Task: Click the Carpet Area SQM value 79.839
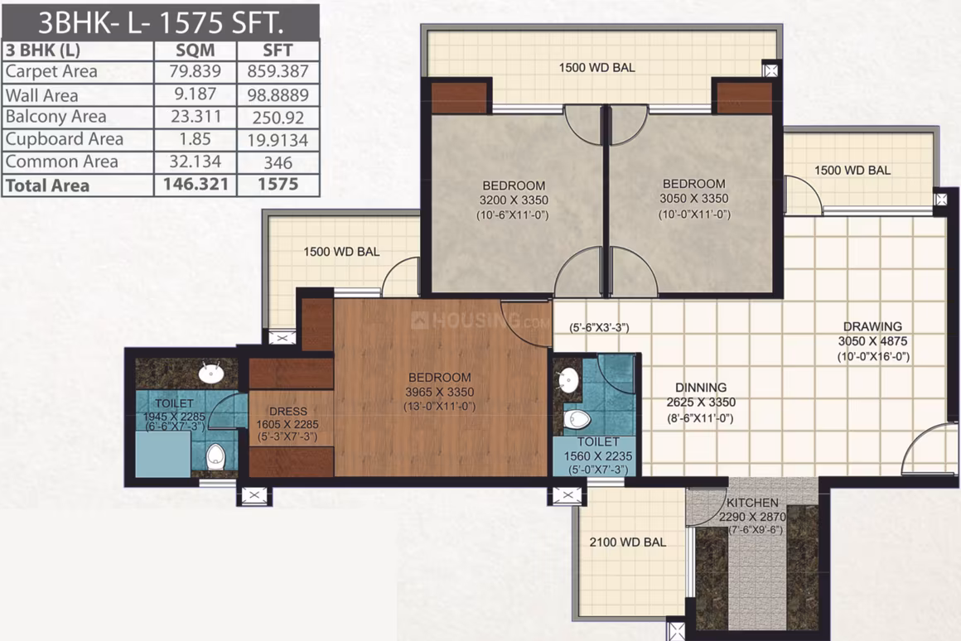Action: pos(195,71)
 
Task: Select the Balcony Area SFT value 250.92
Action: pos(278,117)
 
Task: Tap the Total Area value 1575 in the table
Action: pos(278,185)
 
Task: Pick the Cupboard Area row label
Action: pos(65,140)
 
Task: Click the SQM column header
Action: pos(195,51)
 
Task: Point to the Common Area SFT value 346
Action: pos(278,162)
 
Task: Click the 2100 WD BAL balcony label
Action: pos(628,542)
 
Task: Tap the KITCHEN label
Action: pos(752,504)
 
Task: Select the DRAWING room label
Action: pos(872,326)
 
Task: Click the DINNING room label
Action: pos(701,388)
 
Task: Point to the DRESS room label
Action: pos(288,412)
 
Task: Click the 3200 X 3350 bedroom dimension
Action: pos(514,200)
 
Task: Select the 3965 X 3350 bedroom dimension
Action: pos(439,393)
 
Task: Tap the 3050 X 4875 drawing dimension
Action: pos(872,341)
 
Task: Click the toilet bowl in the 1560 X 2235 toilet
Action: pos(577,420)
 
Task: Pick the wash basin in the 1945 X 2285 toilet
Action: pos(211,373)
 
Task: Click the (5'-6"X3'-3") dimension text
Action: pos(599,328)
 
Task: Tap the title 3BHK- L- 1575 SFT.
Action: pos(161,22)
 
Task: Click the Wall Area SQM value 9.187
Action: pos(195,94)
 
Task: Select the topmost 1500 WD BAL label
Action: pos(597,68)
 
